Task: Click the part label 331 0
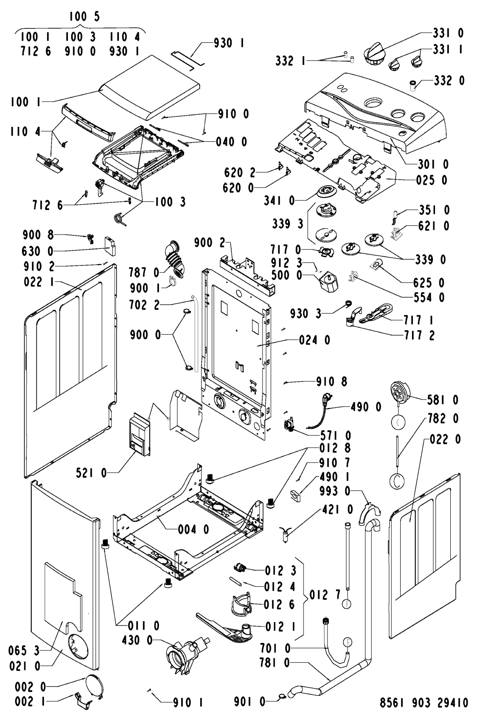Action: [448, 33]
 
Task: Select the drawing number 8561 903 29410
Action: [424, 702]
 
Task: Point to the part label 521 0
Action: [91, 473]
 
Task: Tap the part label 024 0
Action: [314, 340]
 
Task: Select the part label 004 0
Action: [193, 530]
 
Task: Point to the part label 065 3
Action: [24, 650]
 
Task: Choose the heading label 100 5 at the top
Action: [84, 16]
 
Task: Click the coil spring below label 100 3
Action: [120, 220]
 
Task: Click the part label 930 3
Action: [305, 313]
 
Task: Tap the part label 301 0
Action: [433, 164]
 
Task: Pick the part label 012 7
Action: [325, 595]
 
